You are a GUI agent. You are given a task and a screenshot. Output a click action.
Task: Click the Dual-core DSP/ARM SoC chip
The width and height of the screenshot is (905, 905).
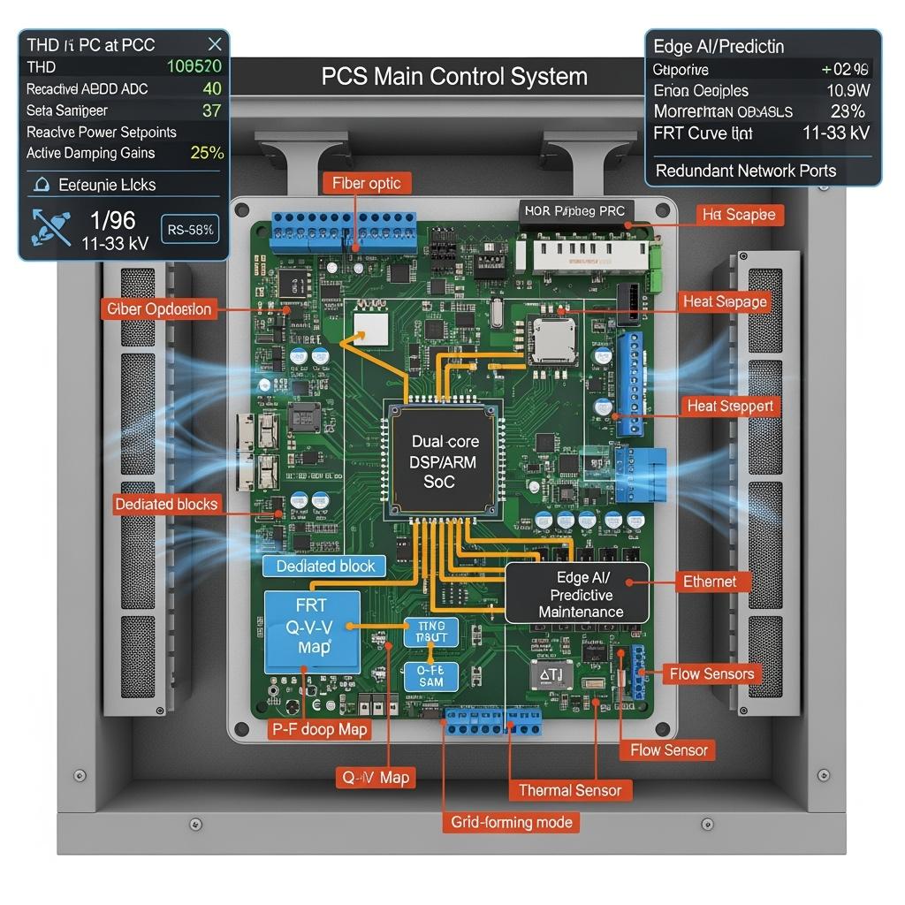click(x=439, y=461)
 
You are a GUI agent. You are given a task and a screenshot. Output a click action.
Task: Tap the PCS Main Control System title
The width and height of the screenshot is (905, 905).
click(x=454, y=76)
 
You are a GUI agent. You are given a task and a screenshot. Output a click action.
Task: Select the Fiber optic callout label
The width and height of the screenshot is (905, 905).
click(x=366, y=184)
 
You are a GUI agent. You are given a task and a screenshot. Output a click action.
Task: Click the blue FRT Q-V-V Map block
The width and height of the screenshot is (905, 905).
click(x=312, y=627)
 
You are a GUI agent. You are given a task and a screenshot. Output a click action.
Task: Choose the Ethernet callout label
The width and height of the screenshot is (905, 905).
click(x=710, y=582)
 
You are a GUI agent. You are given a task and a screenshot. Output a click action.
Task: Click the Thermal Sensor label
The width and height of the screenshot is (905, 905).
click(x=570, y=790)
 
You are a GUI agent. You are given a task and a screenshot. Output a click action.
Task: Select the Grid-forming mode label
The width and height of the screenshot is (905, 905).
click(x=512, y=822)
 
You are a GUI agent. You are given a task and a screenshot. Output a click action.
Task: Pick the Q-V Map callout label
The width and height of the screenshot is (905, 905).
click(x=375, y=778)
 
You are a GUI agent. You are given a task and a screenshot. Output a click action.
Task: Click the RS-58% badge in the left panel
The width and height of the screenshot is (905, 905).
click(x=189, y=230)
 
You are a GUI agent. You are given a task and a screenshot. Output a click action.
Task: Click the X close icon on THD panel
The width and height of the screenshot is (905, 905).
click(x=214, y=44)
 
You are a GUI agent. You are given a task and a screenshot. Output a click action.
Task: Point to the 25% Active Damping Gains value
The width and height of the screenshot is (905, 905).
click(x=207, y=153)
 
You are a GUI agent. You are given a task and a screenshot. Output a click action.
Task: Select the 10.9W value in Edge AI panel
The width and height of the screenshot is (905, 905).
click(x=848, y=90)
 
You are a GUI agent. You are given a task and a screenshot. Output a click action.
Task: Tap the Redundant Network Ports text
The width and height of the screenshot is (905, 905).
click(x=746, y=171)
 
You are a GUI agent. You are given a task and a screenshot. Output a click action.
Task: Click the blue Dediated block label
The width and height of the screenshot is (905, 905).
click(x=325, y=567)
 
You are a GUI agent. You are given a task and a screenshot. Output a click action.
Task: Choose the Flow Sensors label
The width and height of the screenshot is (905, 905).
click(x=711, y=674)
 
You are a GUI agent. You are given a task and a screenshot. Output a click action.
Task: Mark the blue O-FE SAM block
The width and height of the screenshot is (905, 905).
click(x=430, y=677)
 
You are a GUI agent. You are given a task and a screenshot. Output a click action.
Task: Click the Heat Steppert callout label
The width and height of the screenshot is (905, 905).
click(x=730, y=407)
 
